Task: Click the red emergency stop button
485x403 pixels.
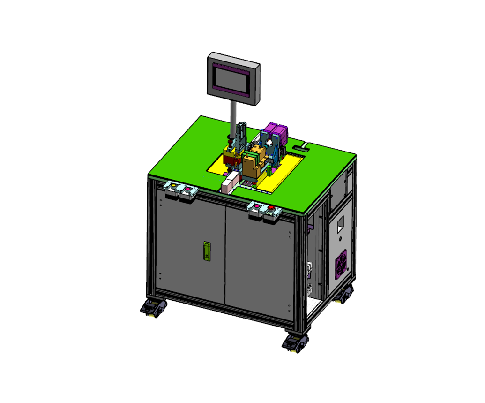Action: (x=271, y=207)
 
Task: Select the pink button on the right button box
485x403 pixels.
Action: (x=256, y=205)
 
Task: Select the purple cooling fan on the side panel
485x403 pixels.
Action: (x=342, y=266)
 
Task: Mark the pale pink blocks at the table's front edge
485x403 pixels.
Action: (x=229, y=183)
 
